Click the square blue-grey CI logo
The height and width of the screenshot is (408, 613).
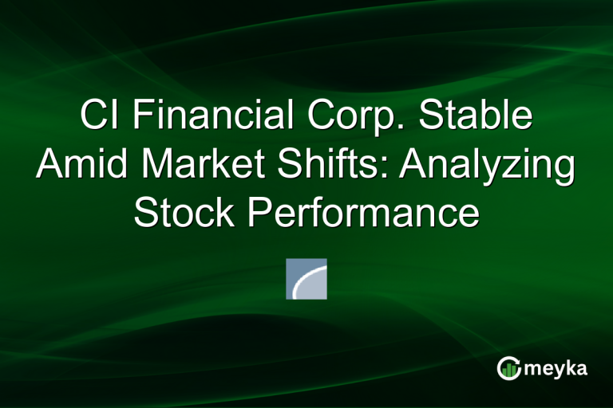click(306, 279)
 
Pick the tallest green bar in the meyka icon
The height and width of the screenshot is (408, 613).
click(512, 368)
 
